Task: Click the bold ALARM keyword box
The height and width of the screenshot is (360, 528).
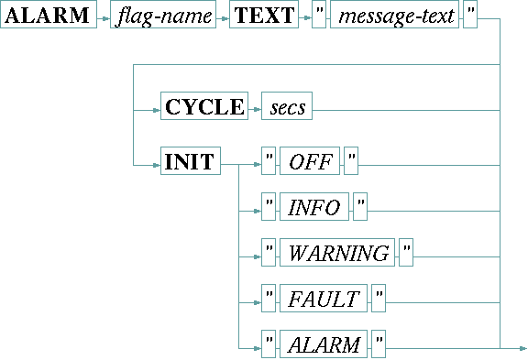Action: point(49,18)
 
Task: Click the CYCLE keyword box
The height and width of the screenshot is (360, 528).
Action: point(204,107)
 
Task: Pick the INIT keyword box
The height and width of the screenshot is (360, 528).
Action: point(190,162)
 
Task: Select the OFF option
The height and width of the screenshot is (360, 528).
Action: point(310,162)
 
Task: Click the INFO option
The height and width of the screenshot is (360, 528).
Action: point(314,208)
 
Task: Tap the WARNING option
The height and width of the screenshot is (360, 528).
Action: point(338,254)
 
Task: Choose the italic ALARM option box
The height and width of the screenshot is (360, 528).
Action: point(323,344)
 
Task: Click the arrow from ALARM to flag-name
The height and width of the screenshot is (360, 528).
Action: point(103,18)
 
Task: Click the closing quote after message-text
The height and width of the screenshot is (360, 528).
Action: point(470,18)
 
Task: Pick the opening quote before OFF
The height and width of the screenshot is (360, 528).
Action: point(269,162)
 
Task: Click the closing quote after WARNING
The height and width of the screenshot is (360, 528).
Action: point(406,254)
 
